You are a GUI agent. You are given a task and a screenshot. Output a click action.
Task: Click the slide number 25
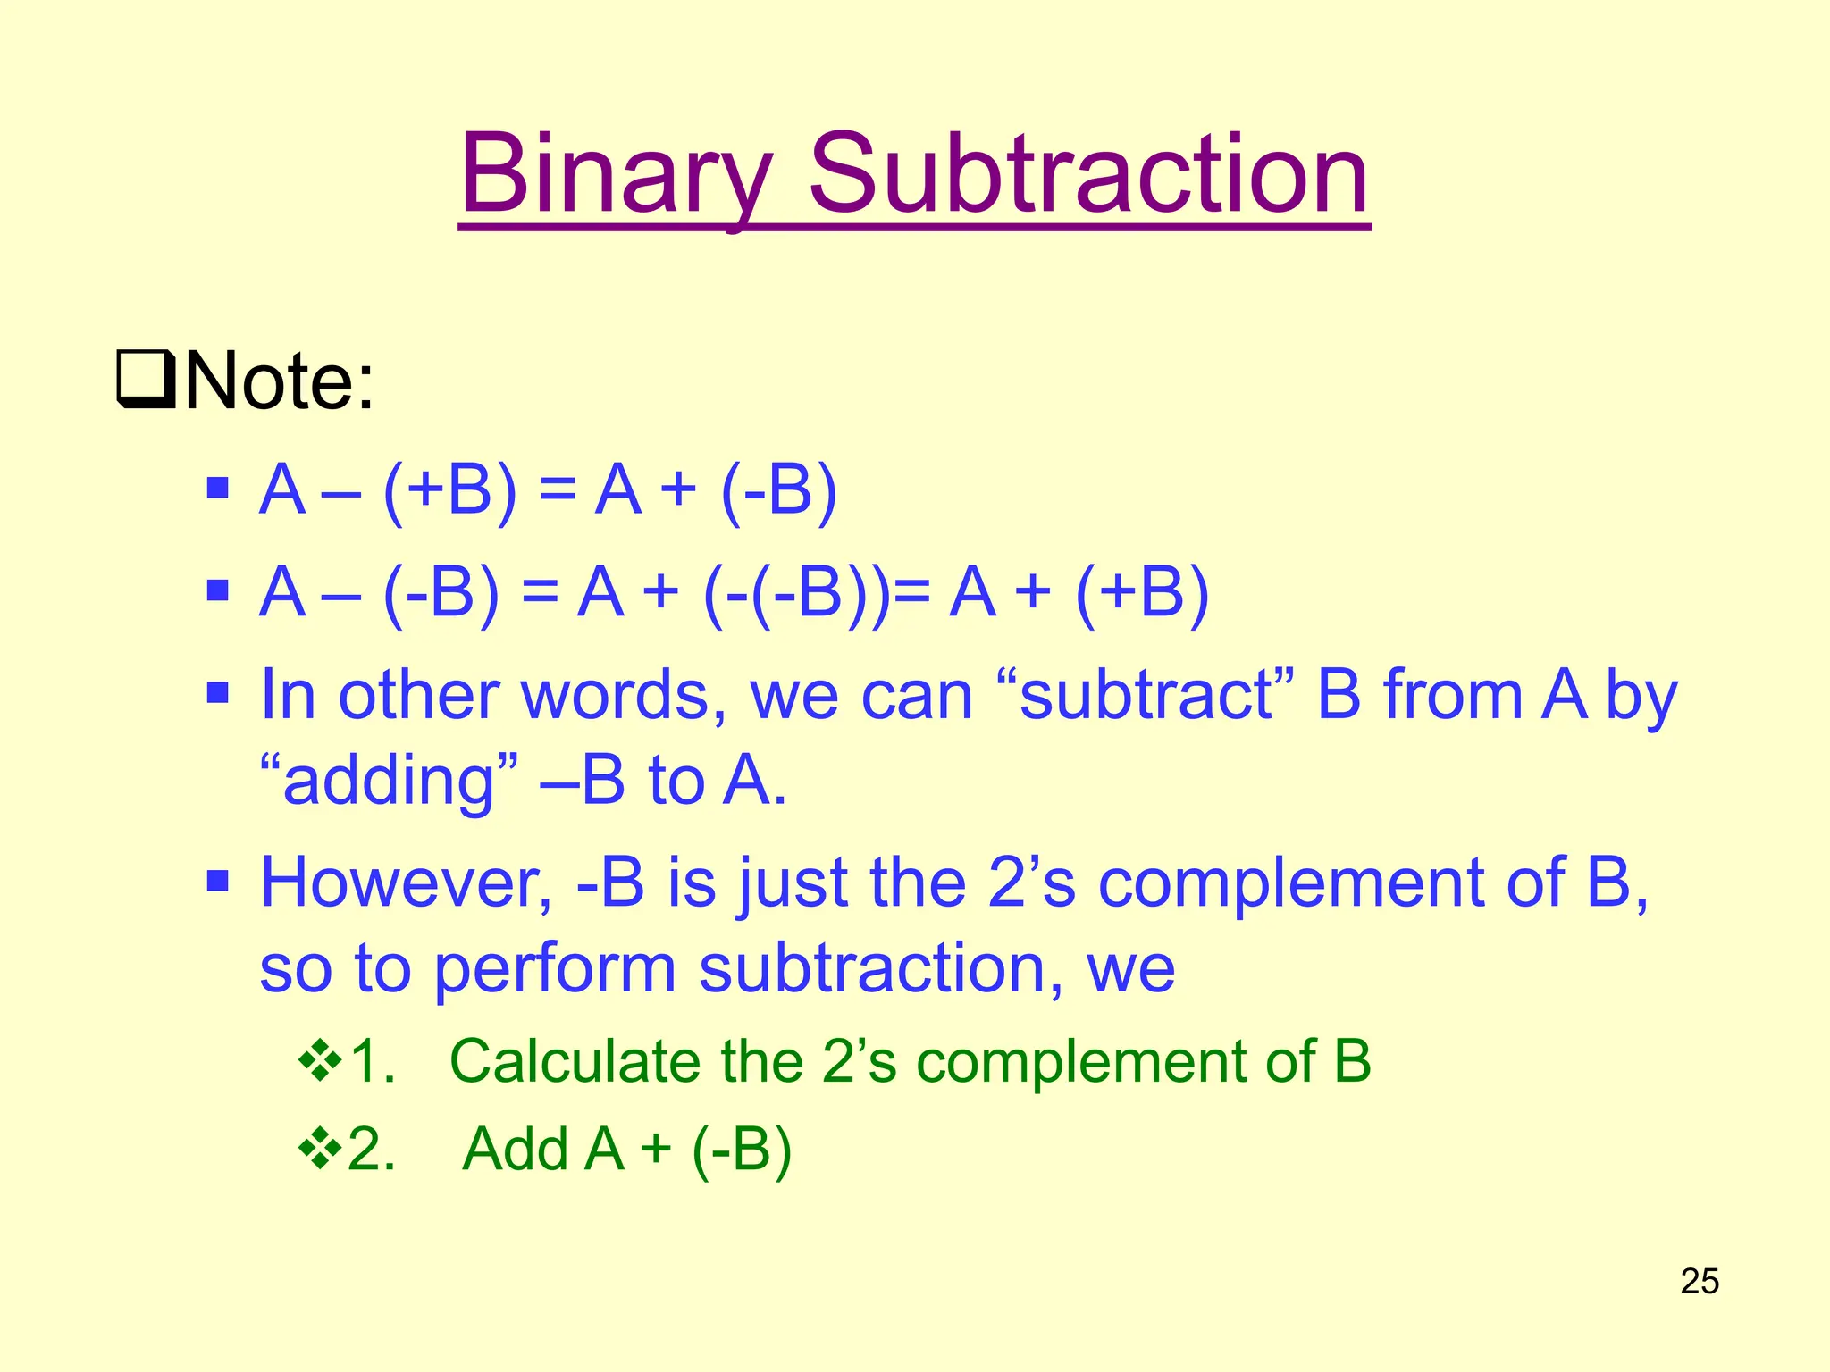pos(1700,1281)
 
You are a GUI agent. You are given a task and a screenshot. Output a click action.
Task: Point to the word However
pos(406,883)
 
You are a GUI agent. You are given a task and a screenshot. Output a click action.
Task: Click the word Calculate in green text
pos(575,1061)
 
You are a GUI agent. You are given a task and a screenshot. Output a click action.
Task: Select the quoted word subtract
pos(1146,696)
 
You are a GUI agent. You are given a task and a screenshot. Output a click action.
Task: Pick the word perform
pos(555,971)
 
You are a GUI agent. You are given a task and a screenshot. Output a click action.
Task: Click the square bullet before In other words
pos(217,693)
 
